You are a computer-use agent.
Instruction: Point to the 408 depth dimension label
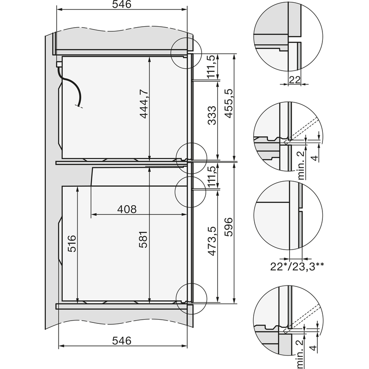(x=127, y=209)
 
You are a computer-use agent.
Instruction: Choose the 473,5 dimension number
(x=212, y=253)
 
